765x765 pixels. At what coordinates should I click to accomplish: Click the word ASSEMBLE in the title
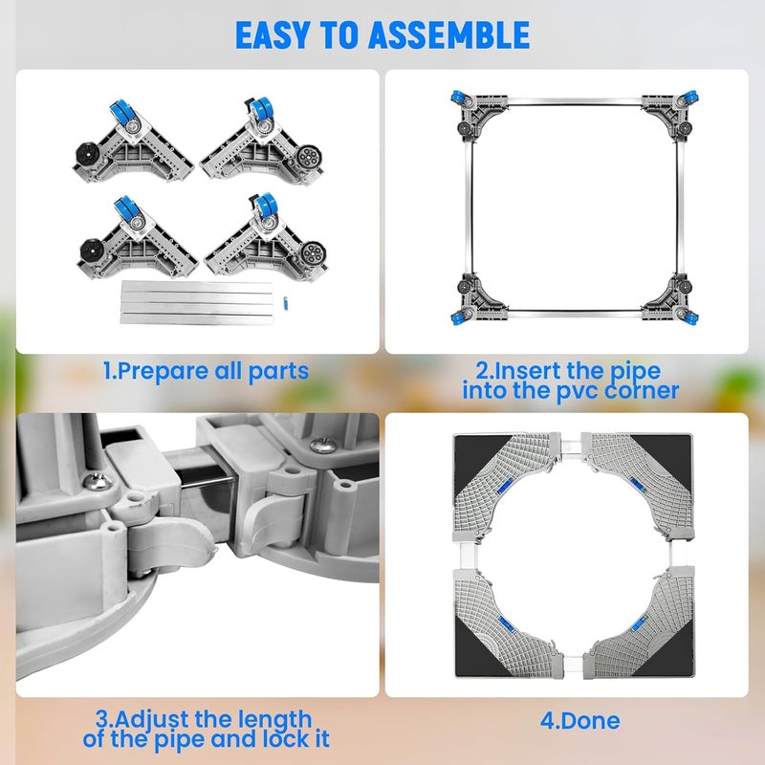click(x=448, y=35)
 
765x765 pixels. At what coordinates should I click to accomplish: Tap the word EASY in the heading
click(x=273, y=35)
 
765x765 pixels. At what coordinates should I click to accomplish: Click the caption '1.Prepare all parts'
click(x=206, y=371)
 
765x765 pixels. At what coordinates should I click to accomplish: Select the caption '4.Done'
click(x=579, y=721)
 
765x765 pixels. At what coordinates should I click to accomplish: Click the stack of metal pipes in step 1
click(x=197, y=302)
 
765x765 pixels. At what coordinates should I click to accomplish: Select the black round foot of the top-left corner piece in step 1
click(x=89, y=155)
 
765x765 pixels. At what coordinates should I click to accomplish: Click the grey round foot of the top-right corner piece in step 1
click(x=308, y=157)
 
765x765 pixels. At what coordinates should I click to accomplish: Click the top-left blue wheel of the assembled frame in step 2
click(x=457, y=98)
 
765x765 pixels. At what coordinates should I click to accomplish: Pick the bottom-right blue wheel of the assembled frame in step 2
click(x=690, y=318)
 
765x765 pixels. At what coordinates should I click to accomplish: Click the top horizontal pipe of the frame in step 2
click(x=575, y=101)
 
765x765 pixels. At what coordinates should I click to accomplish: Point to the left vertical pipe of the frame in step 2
click(x=470, y=208)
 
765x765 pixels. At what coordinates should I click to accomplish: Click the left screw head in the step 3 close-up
click(x=98, y=482)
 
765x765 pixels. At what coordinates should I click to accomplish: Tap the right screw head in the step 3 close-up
click(x=322, y=444)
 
